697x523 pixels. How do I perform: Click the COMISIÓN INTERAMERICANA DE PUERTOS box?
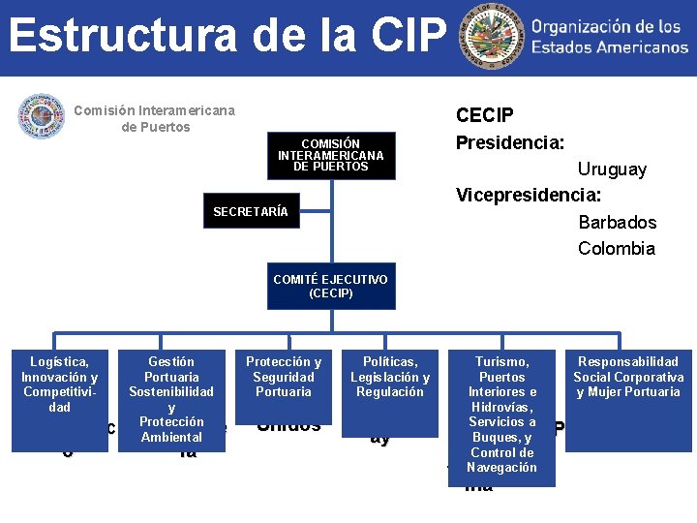(x=330, y=155)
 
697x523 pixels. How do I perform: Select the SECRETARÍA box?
(x=251, y=212)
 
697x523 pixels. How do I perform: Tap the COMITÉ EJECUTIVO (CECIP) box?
(x=330, y=286)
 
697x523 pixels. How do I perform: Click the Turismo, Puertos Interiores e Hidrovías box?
(x=502, y=416)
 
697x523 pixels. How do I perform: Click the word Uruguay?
(x=612, y=169)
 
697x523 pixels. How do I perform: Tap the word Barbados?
(x=617, y=222)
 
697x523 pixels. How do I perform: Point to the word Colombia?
(x=616, y=248)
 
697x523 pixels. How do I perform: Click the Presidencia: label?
(x=510, y=142)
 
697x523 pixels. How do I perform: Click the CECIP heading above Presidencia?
(x=485, y=115)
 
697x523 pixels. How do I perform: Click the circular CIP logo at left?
(x=41, y=116)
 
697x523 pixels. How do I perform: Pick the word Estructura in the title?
(x=121, y=35)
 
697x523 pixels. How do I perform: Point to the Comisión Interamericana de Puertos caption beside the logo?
(x=155, y=119)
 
